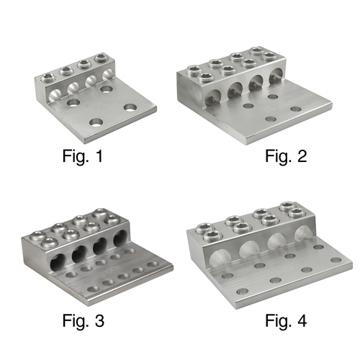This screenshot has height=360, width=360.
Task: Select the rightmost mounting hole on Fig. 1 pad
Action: point(130,108)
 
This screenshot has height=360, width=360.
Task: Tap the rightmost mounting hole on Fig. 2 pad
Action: point(295,109)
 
